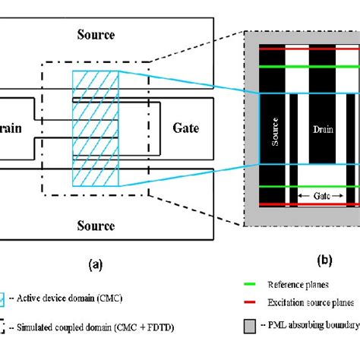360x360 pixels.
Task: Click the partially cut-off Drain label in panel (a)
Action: tap(15, 128)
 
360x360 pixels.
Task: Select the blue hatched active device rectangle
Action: tap(90, 128)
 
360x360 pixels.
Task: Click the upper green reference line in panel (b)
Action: tap(307, 67)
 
